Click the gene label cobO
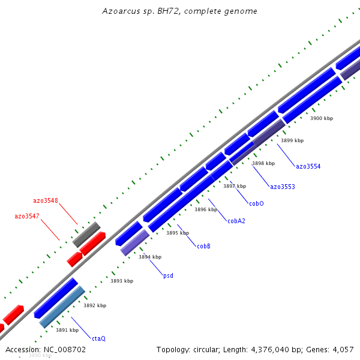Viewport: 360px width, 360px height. pos(256,203)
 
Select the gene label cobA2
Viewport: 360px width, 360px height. pos(236,221)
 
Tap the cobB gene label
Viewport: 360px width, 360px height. pos(203,246)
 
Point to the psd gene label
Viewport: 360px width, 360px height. pos(168,275)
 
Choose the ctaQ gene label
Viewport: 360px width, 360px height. pos(98,338)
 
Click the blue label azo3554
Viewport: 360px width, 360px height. pos(308,166)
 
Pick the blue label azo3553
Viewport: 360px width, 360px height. pos(282,187)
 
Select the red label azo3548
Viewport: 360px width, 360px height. pos(45,200)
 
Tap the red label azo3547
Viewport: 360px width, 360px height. pos(27,215)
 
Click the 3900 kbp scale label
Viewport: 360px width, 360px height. pos(321,118)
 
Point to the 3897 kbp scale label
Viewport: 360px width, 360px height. pos(235,186)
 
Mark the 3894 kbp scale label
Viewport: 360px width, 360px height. pos(150,257)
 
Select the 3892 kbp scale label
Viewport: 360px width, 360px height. pos(95,305)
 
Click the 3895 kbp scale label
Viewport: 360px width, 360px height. pos(178,233)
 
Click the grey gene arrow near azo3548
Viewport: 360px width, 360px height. pos(86,233)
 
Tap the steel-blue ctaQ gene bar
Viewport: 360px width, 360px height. pos(62,307)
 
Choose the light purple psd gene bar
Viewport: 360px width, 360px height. pos(134,242)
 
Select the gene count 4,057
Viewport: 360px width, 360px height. pos(342,349)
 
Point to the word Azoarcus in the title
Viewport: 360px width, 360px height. pos(119,11)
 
